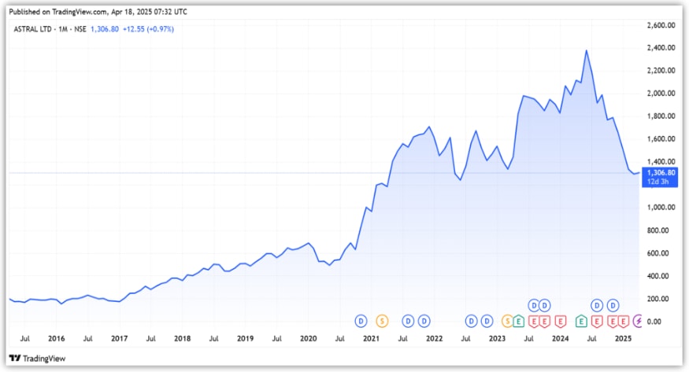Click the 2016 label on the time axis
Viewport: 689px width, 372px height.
coord(56,339)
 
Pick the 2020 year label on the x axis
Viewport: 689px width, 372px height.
coord(308,339)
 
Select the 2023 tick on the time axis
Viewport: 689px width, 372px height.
coord(497,339)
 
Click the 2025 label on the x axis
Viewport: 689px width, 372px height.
coord(623,339)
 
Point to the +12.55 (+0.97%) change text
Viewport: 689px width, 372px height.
coord(149,29)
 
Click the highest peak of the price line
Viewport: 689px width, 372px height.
coord(587,51)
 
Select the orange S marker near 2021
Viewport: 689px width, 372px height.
coord(382,321)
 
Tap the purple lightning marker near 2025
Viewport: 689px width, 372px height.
coord(637,321)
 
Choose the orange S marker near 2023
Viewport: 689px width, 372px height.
coord(507,321)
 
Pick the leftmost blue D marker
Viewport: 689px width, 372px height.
coord(361,321)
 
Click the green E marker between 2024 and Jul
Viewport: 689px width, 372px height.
coord(581,321)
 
